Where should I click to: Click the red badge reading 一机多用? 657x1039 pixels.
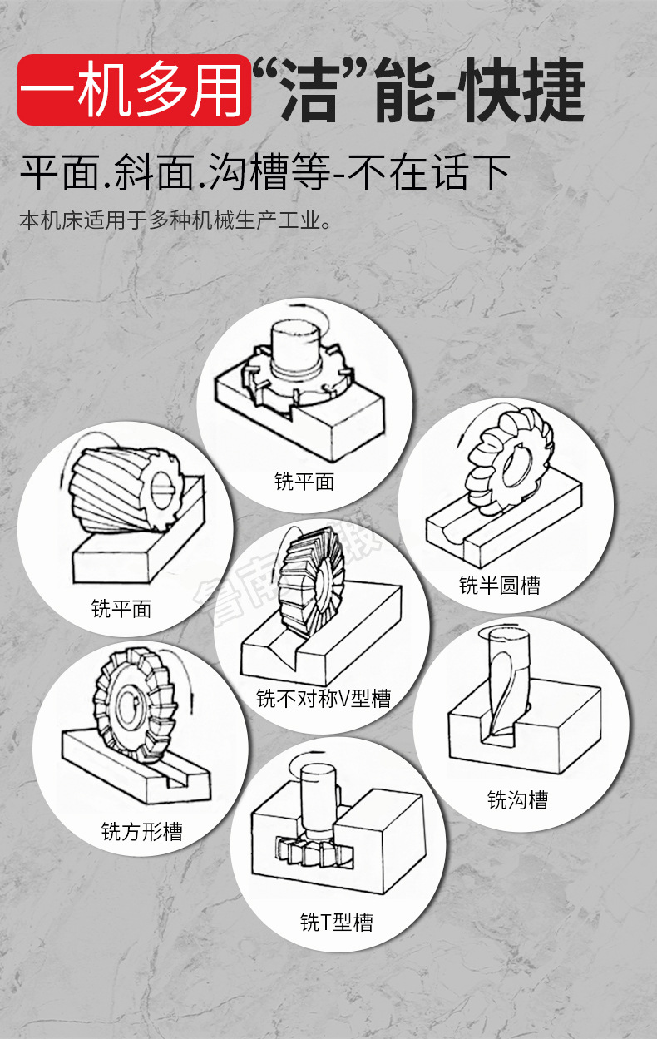tap(133, 90)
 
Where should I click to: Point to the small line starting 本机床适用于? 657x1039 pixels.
tap(175, 221)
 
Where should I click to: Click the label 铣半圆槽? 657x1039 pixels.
tap(499, 585)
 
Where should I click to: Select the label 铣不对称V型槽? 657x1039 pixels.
tap(323, 697)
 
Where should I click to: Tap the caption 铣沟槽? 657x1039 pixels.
tap(517, 800)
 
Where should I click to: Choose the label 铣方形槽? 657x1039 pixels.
tap(141, 831)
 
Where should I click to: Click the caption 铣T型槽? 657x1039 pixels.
tap(336, 922)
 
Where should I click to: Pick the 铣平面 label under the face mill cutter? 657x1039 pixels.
tap(304, 481)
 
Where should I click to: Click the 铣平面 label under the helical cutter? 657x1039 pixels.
tap(121, 608)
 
